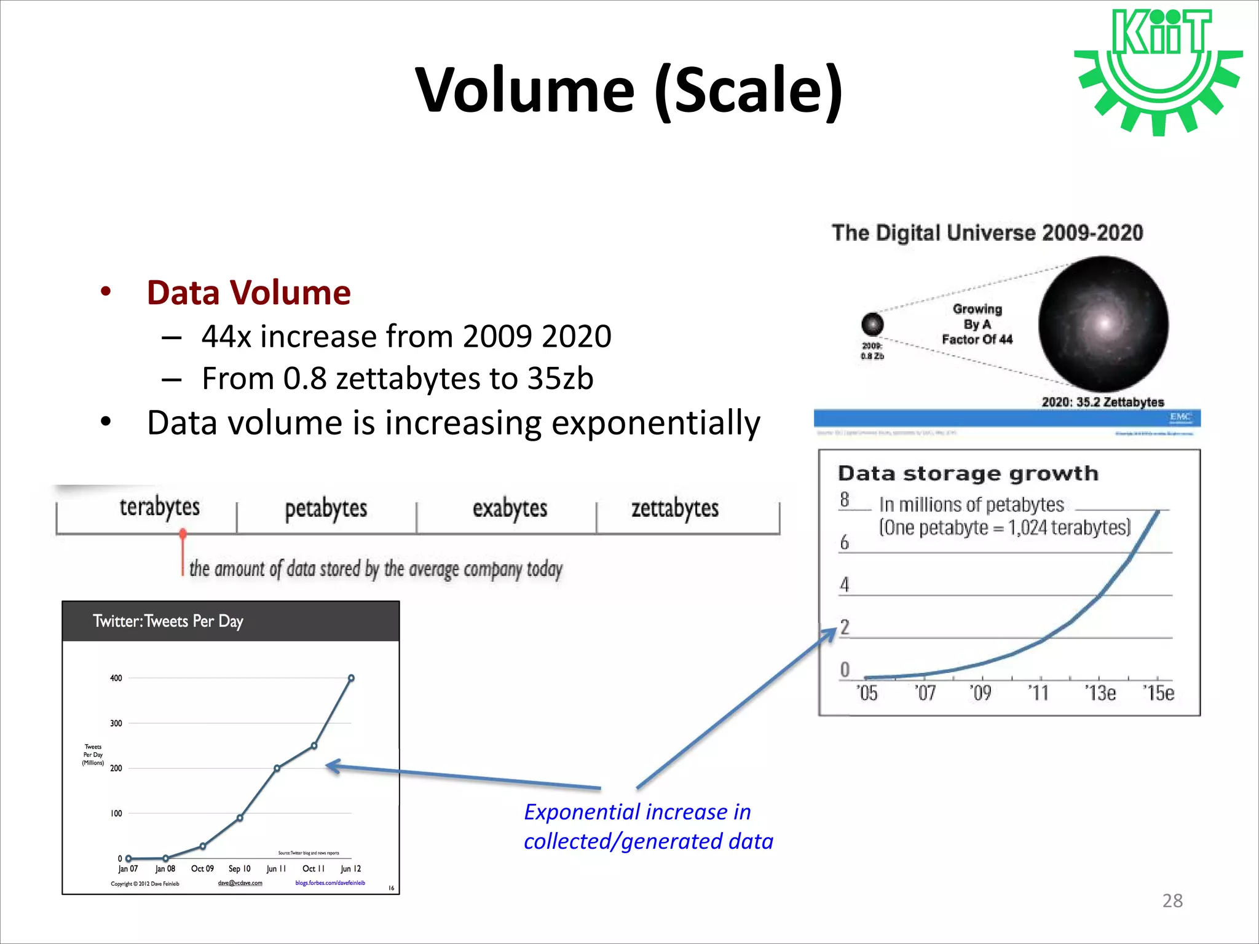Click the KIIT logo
1158,71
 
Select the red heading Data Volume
248,293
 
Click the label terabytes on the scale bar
159,508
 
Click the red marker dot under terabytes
183,533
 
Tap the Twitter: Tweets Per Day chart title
168,621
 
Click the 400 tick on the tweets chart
116,678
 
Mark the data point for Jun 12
351,678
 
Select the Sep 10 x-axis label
239,868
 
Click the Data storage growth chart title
968,474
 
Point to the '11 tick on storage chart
1038,693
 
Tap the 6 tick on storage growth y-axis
845,543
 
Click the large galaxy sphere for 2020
1103,324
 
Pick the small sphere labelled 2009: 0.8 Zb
872,324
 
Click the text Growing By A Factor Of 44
977,324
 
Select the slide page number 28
1172,900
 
